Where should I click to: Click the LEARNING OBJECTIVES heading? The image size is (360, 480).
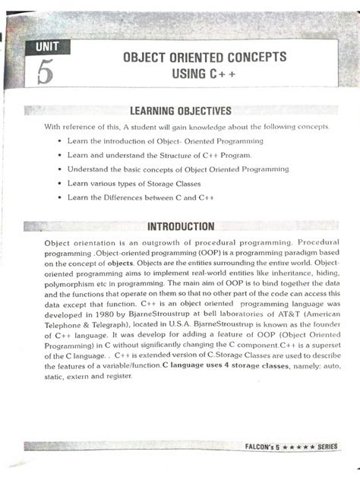pos(181,112)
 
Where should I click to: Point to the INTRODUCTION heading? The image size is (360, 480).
pos(181,226)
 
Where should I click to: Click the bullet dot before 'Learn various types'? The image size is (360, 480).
pos(59,184)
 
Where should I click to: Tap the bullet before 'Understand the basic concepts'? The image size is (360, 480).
pos(59,169)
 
